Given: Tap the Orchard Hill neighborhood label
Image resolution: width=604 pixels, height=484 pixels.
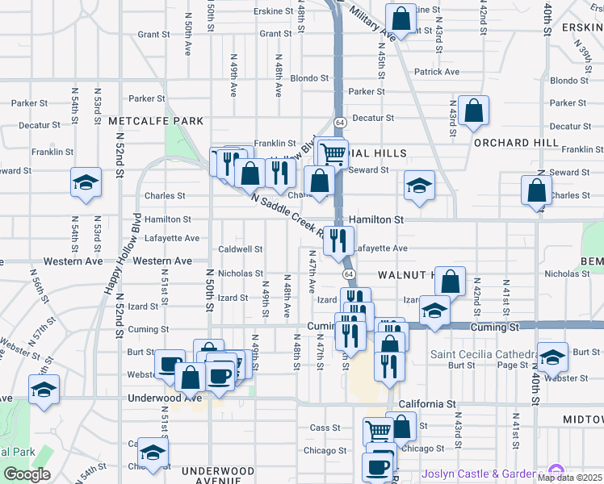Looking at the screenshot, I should click(516, 143).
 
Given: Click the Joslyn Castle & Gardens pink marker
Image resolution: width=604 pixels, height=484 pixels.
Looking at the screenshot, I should click(555, 471).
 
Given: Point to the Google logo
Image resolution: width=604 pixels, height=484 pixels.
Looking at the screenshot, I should click(27, 474).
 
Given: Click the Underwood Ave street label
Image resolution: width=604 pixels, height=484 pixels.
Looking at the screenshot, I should click(164, 398).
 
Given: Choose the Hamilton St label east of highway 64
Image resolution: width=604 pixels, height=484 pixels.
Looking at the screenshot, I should click(377, 219).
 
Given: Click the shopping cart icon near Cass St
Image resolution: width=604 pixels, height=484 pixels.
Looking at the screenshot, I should click(377, 430).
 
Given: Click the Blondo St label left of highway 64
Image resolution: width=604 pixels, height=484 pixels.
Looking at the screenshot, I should click(309, 79).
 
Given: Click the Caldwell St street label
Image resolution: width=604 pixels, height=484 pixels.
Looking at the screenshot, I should click(241, 249).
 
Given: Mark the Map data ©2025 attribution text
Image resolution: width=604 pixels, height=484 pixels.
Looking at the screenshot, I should click(569, 478).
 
